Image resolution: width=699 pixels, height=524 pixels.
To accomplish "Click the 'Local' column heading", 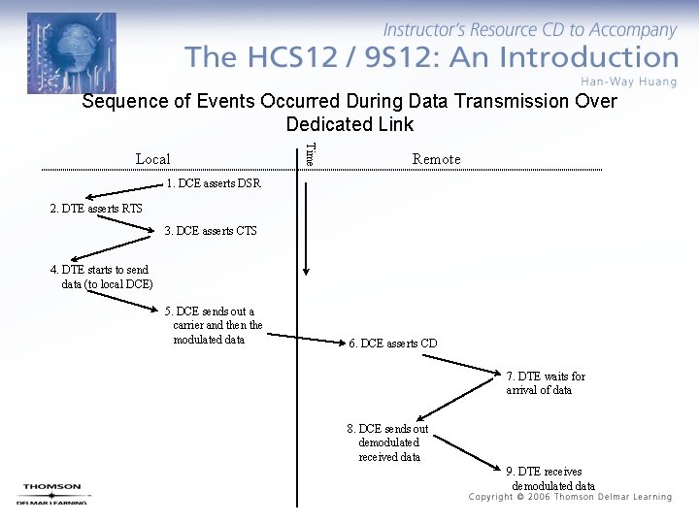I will [x=152, y=159].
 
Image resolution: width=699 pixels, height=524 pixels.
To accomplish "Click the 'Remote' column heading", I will [x=436, y=159].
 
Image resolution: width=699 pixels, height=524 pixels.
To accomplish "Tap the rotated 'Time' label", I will [x=309, y=153].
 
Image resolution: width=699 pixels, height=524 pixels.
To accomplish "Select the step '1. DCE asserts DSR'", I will [x=214, y=183].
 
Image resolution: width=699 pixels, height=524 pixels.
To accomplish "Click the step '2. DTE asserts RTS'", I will [x=96, y=209].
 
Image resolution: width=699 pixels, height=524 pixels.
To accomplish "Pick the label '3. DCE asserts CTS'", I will [x=211, y=231].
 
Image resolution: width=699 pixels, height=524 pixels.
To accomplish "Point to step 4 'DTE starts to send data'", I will [x=100, y=277].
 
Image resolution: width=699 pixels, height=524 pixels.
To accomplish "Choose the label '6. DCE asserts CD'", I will [x=393, y=344].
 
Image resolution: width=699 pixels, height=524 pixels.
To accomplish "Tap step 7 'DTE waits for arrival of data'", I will [x=546, y=383].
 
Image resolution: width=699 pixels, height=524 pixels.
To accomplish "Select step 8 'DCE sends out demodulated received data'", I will [x=388, y=442].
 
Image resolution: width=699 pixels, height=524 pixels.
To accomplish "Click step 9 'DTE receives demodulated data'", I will [x=551, y=478].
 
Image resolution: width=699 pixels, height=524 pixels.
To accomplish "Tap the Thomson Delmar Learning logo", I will [x=53, y=494].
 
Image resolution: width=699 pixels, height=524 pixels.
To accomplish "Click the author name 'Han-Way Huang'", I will [x=629, y=82].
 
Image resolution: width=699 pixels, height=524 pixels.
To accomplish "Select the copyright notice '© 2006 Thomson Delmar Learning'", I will [x=570, y=497].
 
